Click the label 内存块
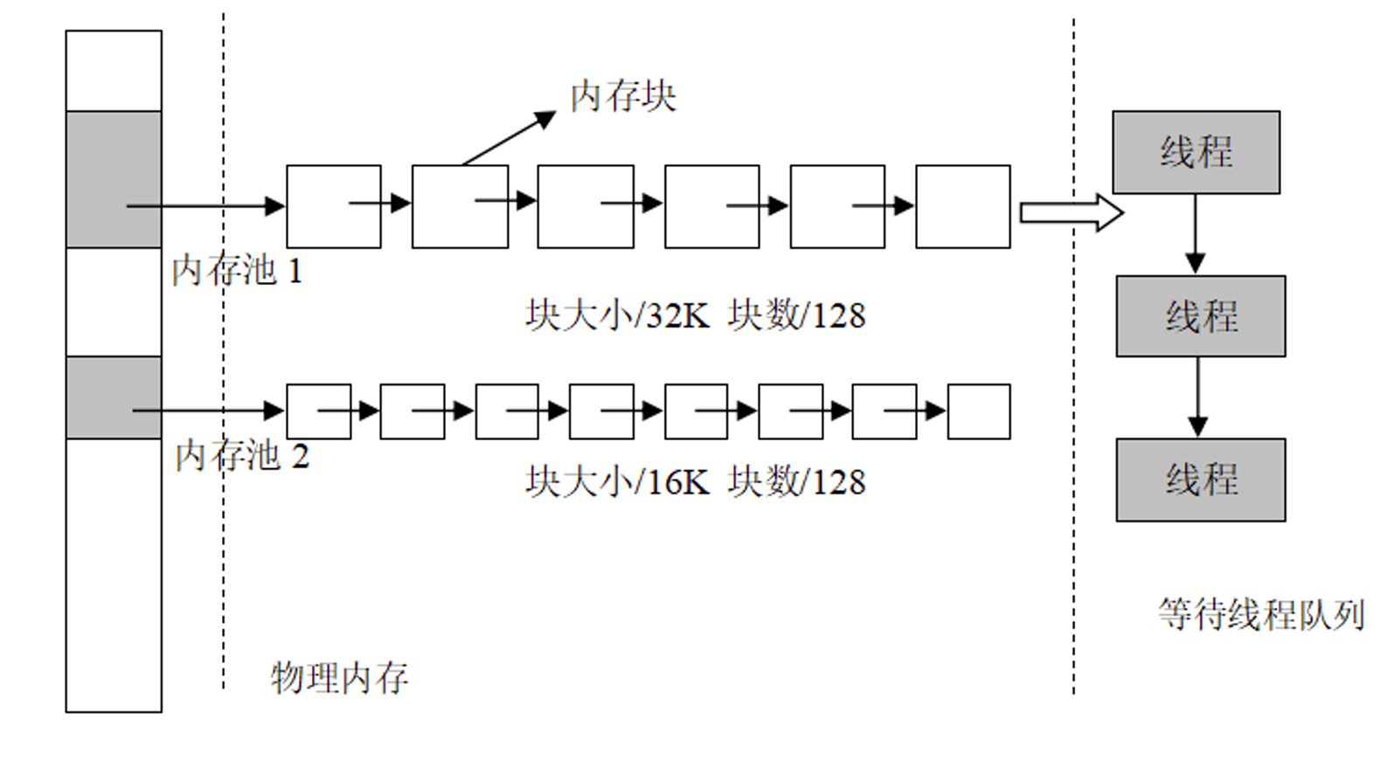point(623,96)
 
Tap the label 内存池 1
point(237,271)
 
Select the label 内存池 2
point(242,455)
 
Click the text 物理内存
point(339,678)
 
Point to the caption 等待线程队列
point(1261,615)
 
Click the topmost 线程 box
point(1196,152)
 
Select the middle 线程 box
point(1201,316)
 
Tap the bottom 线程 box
point(1201,480)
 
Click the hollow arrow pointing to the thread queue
point(1071,212)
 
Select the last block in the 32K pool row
point(963,207)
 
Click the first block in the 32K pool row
point(334,207)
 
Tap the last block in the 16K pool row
point(979,411)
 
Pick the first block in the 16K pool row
point(319,411)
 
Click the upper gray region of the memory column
point(114,179)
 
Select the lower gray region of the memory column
point(114,397)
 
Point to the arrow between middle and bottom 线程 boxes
point(1198,397)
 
